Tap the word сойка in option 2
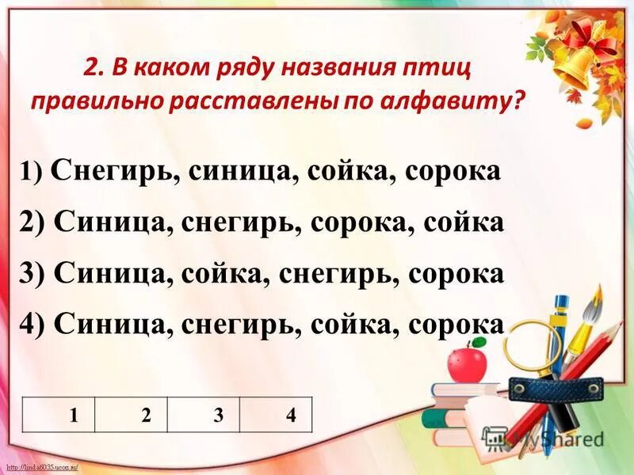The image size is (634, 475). click(x=466, y=222)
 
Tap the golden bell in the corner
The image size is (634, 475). click(x=575, y=67)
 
